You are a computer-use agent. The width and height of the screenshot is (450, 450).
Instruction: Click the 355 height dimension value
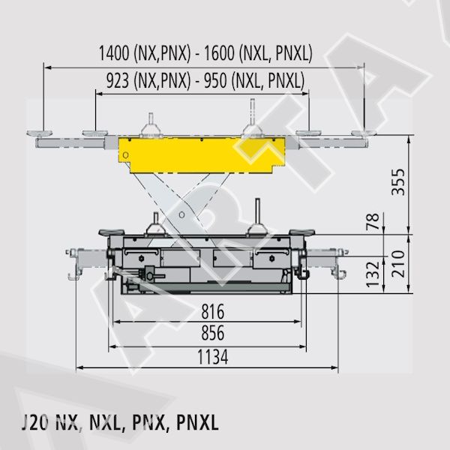coord(399,182)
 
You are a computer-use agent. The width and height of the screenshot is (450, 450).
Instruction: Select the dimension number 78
coord(373,221)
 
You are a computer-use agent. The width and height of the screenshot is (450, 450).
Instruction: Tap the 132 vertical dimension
coord(373,274)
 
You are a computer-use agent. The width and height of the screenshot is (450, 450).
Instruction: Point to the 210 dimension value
coord(399,264)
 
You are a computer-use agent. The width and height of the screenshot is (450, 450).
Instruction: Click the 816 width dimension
coord(213,312)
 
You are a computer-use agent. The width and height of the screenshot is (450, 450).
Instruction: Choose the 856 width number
coord(213,333)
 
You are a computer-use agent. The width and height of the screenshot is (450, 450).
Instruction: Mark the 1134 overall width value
coord(213,357)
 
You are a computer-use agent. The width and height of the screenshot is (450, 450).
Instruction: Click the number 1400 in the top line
coord(114,53)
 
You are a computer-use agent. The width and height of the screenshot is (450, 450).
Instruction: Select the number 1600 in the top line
coord(219,53)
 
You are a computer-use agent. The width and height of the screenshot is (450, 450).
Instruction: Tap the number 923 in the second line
coord(118,80)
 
